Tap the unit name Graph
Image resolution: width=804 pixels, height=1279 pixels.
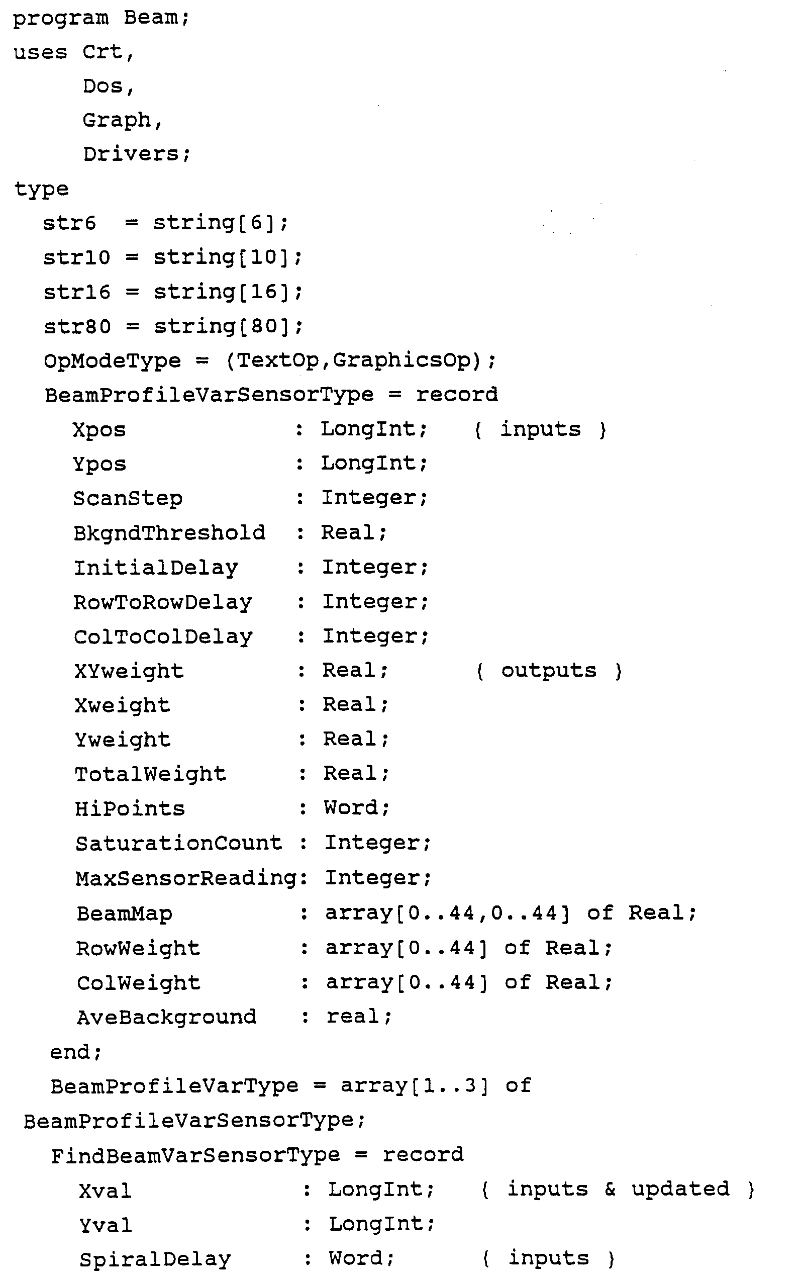(117, 120)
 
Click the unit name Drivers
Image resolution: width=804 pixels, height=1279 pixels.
(131, 154)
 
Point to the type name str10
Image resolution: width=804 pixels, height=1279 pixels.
(76, 257)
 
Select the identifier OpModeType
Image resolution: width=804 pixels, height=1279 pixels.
(112, 360)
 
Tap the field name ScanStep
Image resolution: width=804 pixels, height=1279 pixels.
(128, 498)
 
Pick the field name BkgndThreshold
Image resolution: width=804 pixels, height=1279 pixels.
(169, 533)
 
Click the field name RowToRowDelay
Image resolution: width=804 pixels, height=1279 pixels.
(162, 602)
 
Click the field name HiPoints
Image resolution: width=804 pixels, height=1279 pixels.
(130, 809)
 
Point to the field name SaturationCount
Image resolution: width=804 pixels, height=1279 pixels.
(178, 844)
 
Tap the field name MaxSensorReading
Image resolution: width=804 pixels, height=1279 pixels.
(186, 878)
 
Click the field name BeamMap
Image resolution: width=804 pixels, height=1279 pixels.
(124, 913)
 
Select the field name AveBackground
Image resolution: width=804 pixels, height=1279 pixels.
(166, 1017)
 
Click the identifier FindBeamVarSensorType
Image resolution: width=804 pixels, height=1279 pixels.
(195, 1155)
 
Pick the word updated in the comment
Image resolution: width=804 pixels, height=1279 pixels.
(680, 1189)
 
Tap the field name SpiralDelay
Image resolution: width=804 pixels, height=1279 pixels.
(155, 1259)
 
